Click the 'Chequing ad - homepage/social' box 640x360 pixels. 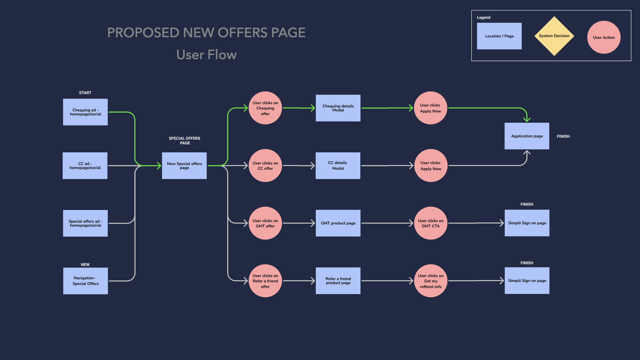coord(85,112)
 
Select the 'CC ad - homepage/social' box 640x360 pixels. coord(85,166)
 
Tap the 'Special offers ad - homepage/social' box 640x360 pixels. coord(85,223)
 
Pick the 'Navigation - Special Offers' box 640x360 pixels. coord(86,281)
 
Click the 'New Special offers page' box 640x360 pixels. coord(184,166)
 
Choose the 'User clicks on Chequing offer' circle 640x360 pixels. coord(265,108)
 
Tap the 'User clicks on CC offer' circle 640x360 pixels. coord(265,166)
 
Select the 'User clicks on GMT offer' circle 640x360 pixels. coord(265,223)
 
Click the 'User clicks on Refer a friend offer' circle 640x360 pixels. coord(265,281)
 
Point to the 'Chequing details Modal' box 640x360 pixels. coord(338,108)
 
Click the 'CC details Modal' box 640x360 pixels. coord(338,166)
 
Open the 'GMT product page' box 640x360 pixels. coord(338,223)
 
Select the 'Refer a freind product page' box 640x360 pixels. coord(338,281)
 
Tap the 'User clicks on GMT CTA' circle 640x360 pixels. coord(431,223)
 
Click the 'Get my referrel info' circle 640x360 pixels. coord(431,281)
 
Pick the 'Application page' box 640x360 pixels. coord(527,136)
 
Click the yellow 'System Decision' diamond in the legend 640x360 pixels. coord(554,36)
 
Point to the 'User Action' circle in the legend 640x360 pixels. coord(604,37)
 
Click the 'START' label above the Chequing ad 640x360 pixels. coord(85,93)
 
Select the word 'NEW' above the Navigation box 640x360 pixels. coord(85,265)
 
